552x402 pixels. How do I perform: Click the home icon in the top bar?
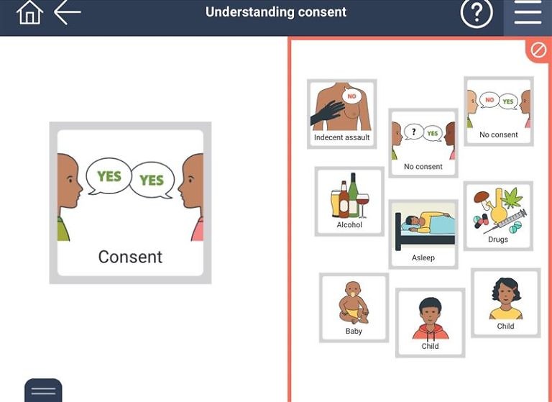point(29,13)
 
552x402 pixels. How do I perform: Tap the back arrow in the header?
point(68,12)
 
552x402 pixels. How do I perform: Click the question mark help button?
point(476,13)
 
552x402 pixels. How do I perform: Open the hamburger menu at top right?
point(528,13)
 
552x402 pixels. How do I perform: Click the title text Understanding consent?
point(276,12)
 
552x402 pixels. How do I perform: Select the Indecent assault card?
point(341,114)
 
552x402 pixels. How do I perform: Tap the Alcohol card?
point(349,201)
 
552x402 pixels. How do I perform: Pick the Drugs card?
point(498,216)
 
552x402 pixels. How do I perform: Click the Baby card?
point(354,307)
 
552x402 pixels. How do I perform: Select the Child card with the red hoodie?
point(430,322)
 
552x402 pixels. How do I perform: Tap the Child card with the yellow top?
point(505,303)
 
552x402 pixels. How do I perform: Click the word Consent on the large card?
point(130,257)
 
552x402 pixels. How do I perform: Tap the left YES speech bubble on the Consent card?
point(109,176)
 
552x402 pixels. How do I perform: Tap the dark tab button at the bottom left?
point(43,390)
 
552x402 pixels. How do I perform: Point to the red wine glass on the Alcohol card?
point(362,201)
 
